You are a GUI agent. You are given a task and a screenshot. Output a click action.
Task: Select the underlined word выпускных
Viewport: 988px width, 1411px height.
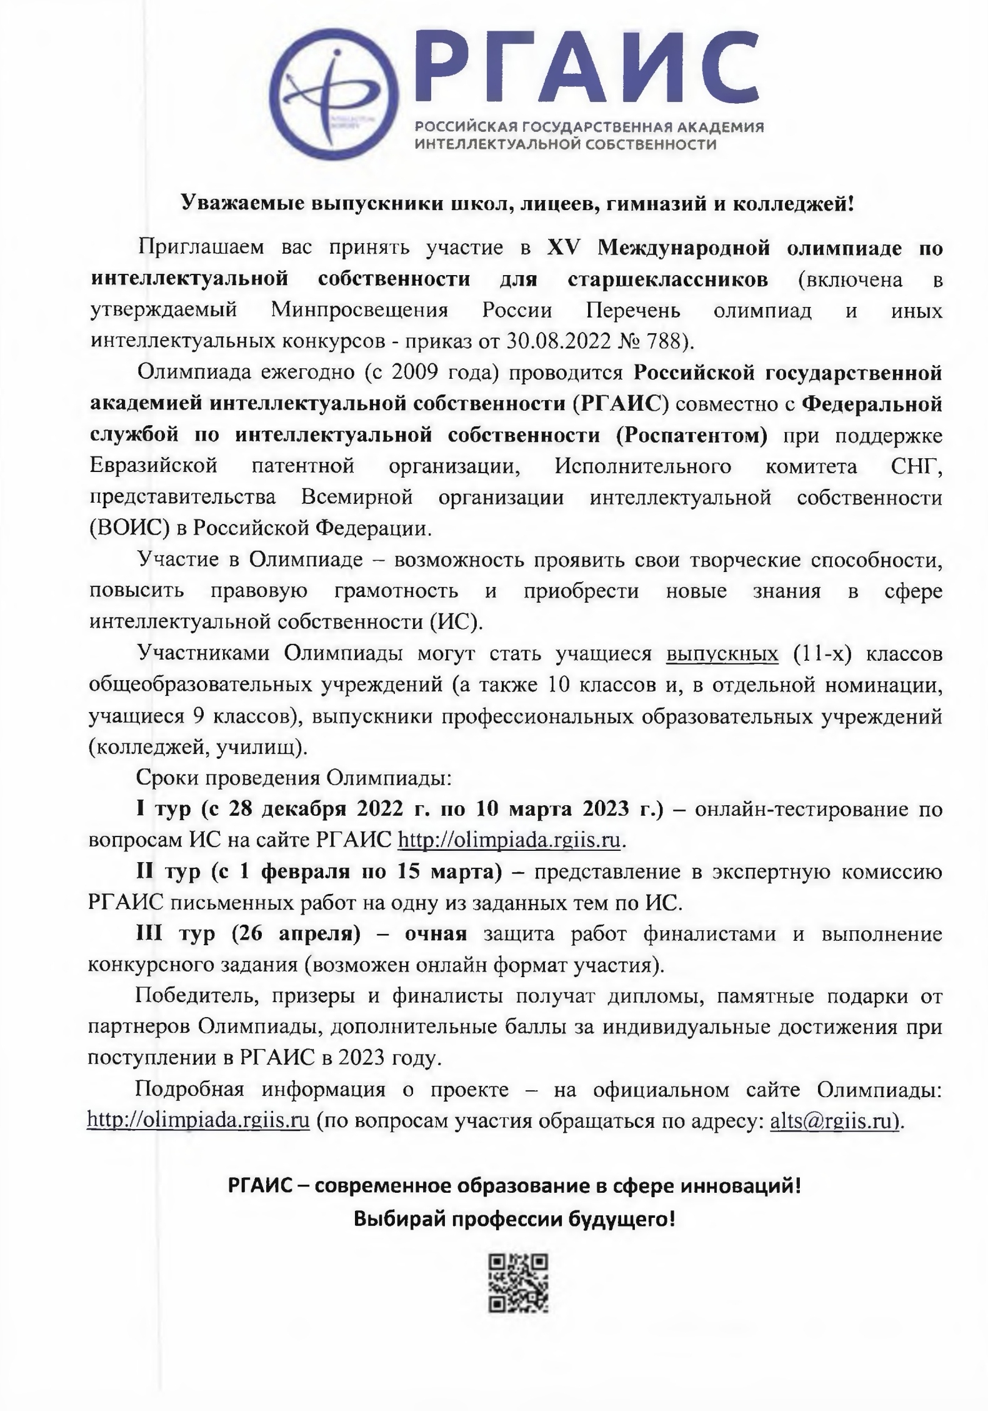click(x=722, y=654)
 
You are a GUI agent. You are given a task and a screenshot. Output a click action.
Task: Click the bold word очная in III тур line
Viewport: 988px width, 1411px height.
click(x=436, y=934)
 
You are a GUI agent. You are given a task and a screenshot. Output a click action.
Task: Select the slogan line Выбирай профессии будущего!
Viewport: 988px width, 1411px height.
click(x=514, y=1218)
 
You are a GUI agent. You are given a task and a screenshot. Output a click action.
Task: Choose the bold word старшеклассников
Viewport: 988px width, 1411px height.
click(x=668, y=279)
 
